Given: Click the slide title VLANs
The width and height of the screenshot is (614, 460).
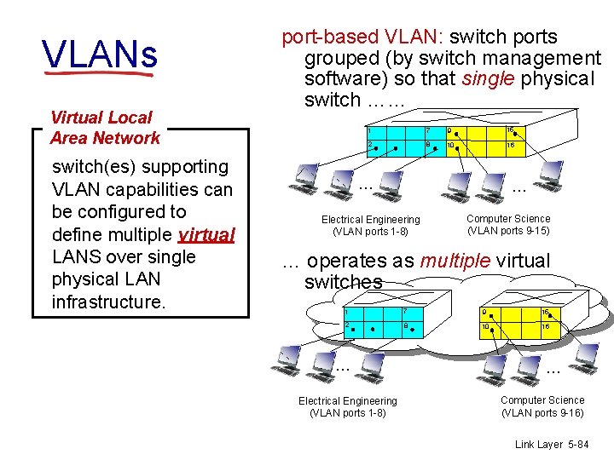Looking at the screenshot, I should [x=100, y=55].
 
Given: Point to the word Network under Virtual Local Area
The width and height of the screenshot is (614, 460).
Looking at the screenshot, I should [x=127, y=138].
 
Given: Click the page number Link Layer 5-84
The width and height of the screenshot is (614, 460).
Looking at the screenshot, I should [x=552, y=444].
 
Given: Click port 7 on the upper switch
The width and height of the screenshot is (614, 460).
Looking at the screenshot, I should [x=427, y=131].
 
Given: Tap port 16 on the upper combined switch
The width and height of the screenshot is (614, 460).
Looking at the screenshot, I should [x=509, y=130].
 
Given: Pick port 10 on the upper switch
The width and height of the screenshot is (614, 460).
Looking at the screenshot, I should [x=450, y=146].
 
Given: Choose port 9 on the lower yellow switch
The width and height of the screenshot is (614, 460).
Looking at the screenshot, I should [x=484, y=312].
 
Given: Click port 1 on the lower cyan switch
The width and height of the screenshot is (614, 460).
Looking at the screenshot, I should [x=347, y=312].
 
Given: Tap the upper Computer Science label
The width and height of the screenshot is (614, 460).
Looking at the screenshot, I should [x=508, y=219].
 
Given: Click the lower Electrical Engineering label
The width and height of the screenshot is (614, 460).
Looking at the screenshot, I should [x=347, y=401].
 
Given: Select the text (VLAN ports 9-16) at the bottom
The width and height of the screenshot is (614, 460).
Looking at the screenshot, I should [x=542, y=413].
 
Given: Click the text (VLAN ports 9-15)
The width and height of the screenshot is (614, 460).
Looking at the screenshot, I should [x=508, y=231].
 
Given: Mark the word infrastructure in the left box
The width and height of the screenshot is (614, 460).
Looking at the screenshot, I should [x=107, y=302].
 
